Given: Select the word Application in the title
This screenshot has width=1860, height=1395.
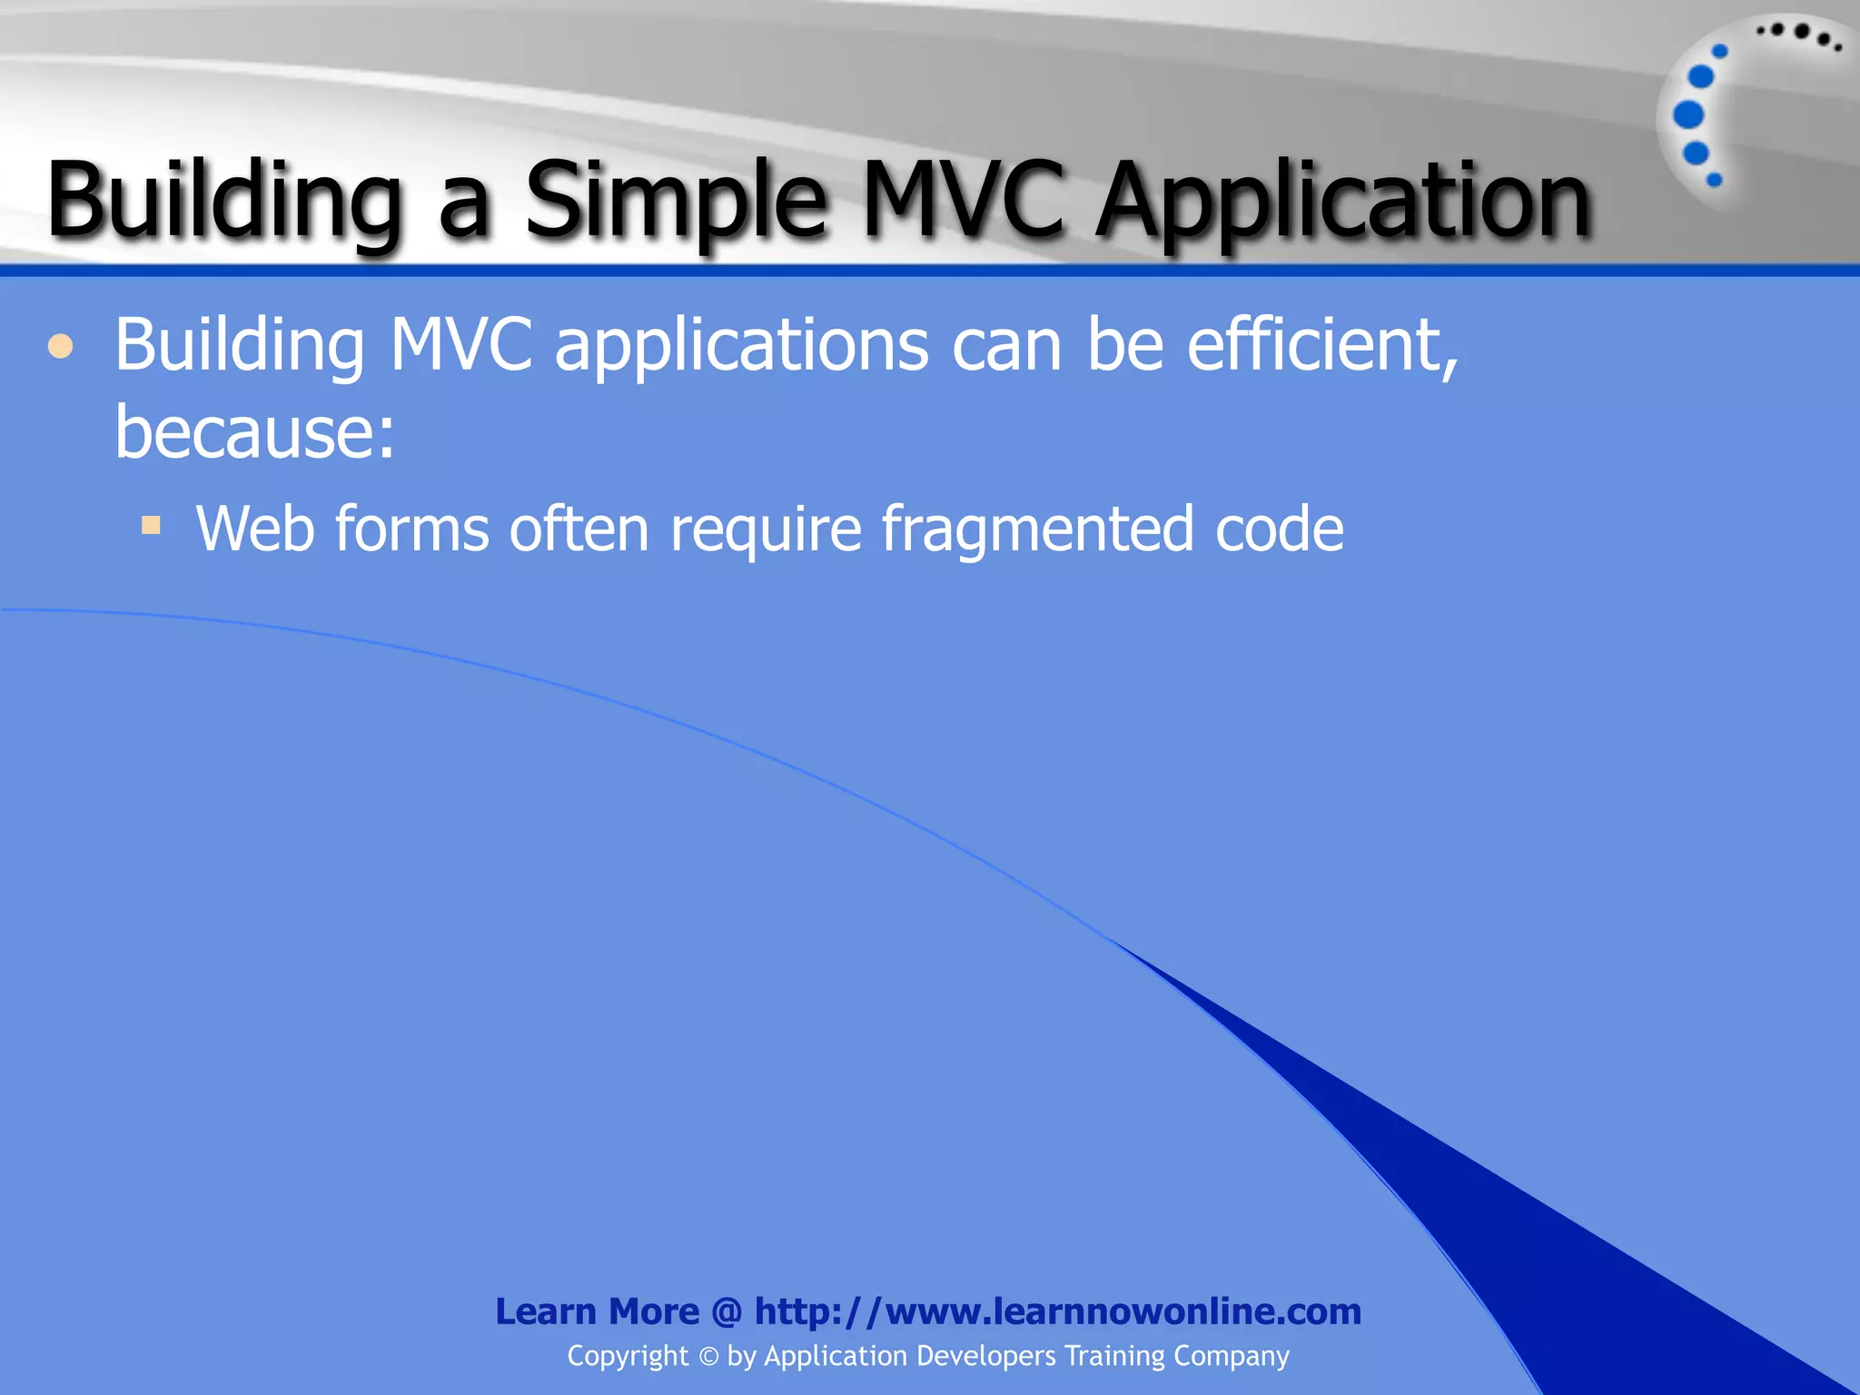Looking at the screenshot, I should [x=1342, y=202].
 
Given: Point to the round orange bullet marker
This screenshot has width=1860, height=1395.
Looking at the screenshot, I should [x=61, y=347].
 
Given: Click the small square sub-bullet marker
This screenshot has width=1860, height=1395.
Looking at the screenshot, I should [x=151, y=525].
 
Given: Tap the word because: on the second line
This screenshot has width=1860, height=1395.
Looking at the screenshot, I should [x=255, y=431].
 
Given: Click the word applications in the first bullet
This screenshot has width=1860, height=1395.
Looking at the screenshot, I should [x=742, y=347].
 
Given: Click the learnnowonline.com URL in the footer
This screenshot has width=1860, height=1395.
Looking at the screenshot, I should [x=1058, y=1311].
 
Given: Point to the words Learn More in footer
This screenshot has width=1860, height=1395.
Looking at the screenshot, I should [x=597, y=1311].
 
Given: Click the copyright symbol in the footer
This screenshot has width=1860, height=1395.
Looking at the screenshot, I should [x=708, y=1357].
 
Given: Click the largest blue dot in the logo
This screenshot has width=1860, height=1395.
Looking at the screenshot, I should [x=1688, y=115].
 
